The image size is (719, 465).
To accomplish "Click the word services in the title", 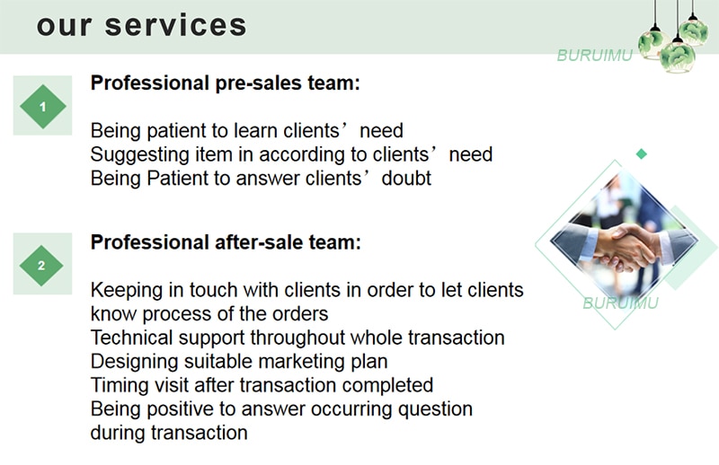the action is pos(175,26).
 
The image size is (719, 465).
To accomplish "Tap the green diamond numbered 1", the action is pos(42,106).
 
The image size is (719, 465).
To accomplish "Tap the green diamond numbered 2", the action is pos(41,265).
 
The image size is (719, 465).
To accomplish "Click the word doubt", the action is pos(406,179).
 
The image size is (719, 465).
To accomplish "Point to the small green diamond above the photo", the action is pos(642,154).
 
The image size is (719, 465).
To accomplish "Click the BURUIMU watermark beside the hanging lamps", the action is pos(595,56).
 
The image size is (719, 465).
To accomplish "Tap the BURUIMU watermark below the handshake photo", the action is pos(620,303).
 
